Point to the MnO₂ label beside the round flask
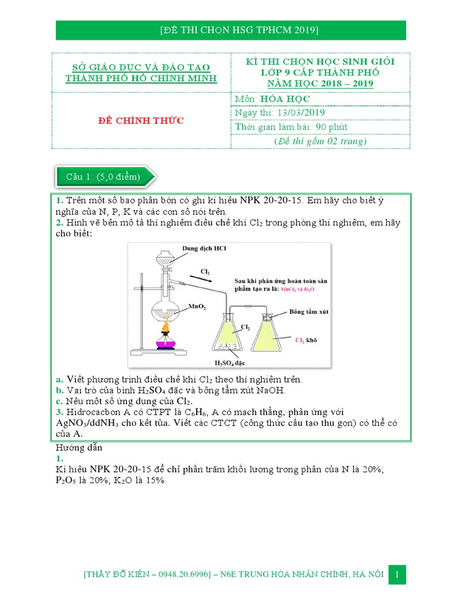197,306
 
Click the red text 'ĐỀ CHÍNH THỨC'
141,121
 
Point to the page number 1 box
397,574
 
